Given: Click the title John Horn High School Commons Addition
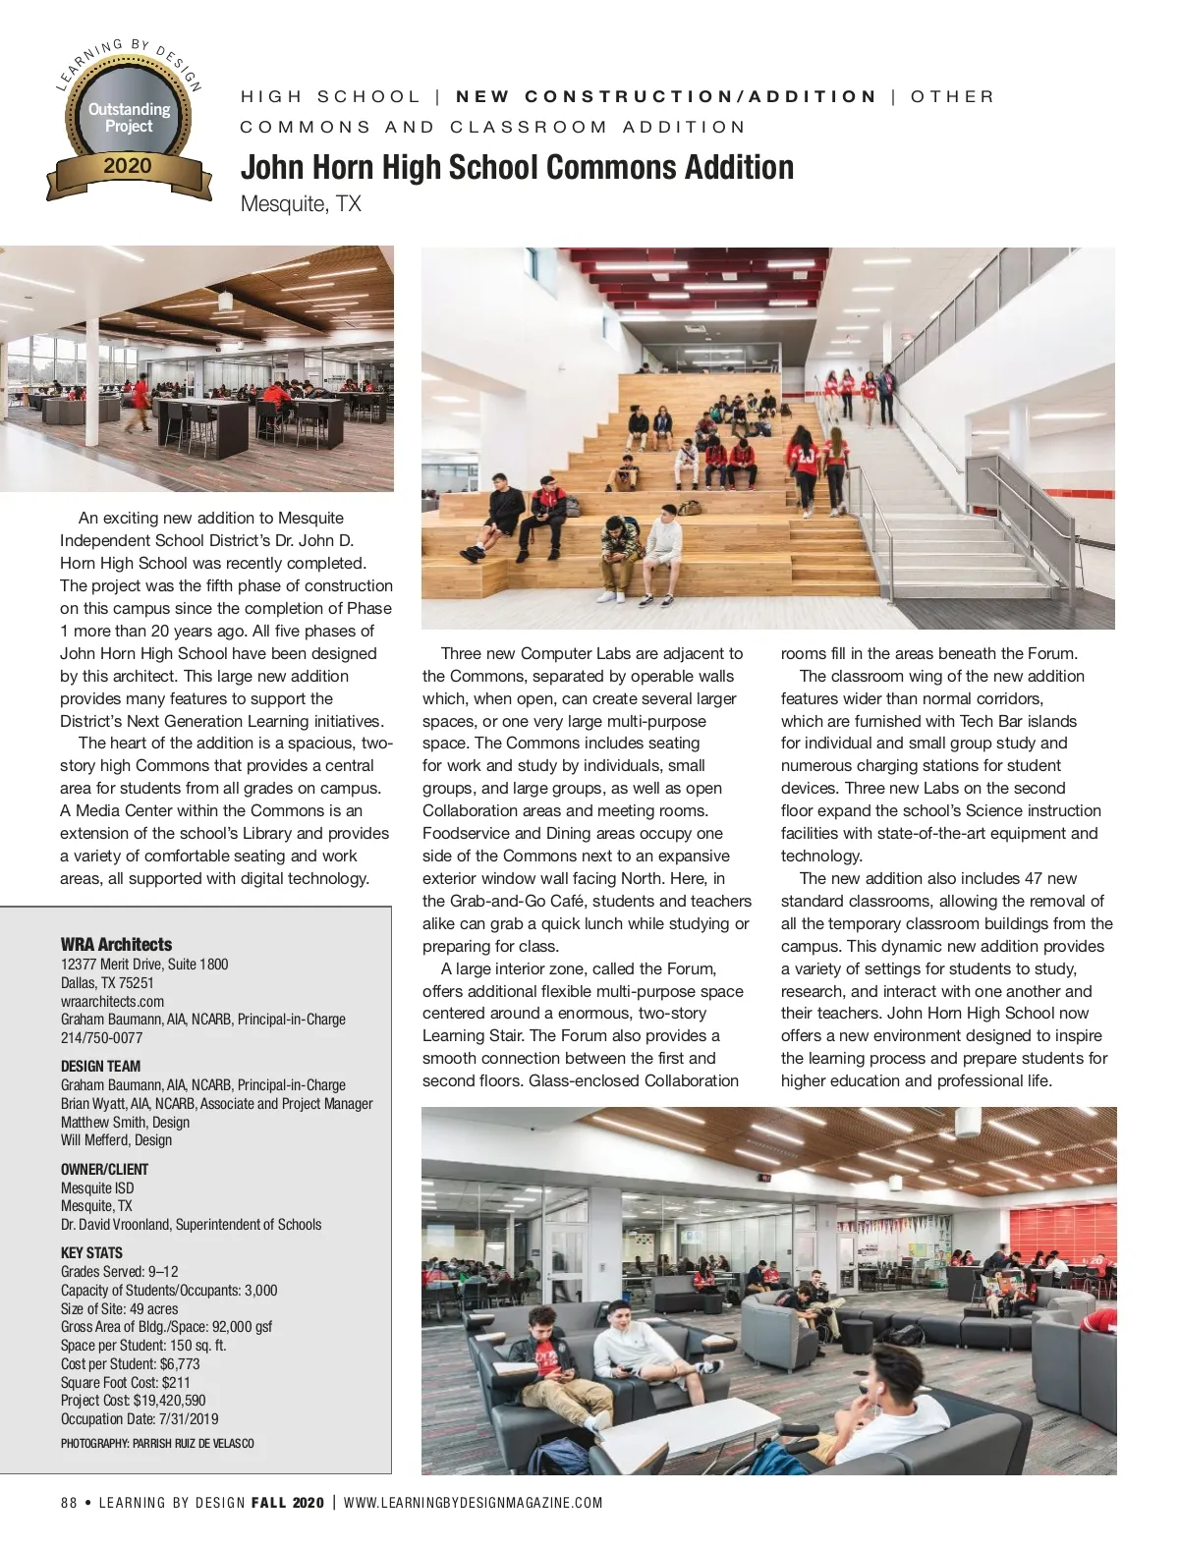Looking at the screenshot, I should click(x=517, y=167).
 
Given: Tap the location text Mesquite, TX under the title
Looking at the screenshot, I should click(x=301, y=204).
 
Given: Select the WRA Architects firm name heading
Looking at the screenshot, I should click(x=116, y=944).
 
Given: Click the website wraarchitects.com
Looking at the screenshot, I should click(x=112, y=1001).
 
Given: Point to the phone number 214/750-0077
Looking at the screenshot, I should click(x=101, y=1037).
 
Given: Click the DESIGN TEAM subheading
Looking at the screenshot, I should click(x=100, y=1066).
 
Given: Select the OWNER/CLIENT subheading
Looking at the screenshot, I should click(x=104, y=1169).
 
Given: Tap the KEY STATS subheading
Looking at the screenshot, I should click(x=91, y=1252).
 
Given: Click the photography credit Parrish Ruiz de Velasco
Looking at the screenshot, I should click(x=157, y=1443).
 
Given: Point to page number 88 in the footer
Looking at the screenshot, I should click(x=69, y=1503).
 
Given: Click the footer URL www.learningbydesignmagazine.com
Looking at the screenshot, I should click(x=473, y=1503).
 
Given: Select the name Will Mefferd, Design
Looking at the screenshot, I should click(x=116, y=1139).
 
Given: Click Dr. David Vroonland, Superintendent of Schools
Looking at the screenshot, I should click(x=191, y=1224).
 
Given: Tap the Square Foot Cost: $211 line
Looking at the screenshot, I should click(x=126, y=1381).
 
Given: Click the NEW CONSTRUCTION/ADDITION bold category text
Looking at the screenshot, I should click(x=666, y=96).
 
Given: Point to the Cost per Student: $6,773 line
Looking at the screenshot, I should click(x=130, y=1363).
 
